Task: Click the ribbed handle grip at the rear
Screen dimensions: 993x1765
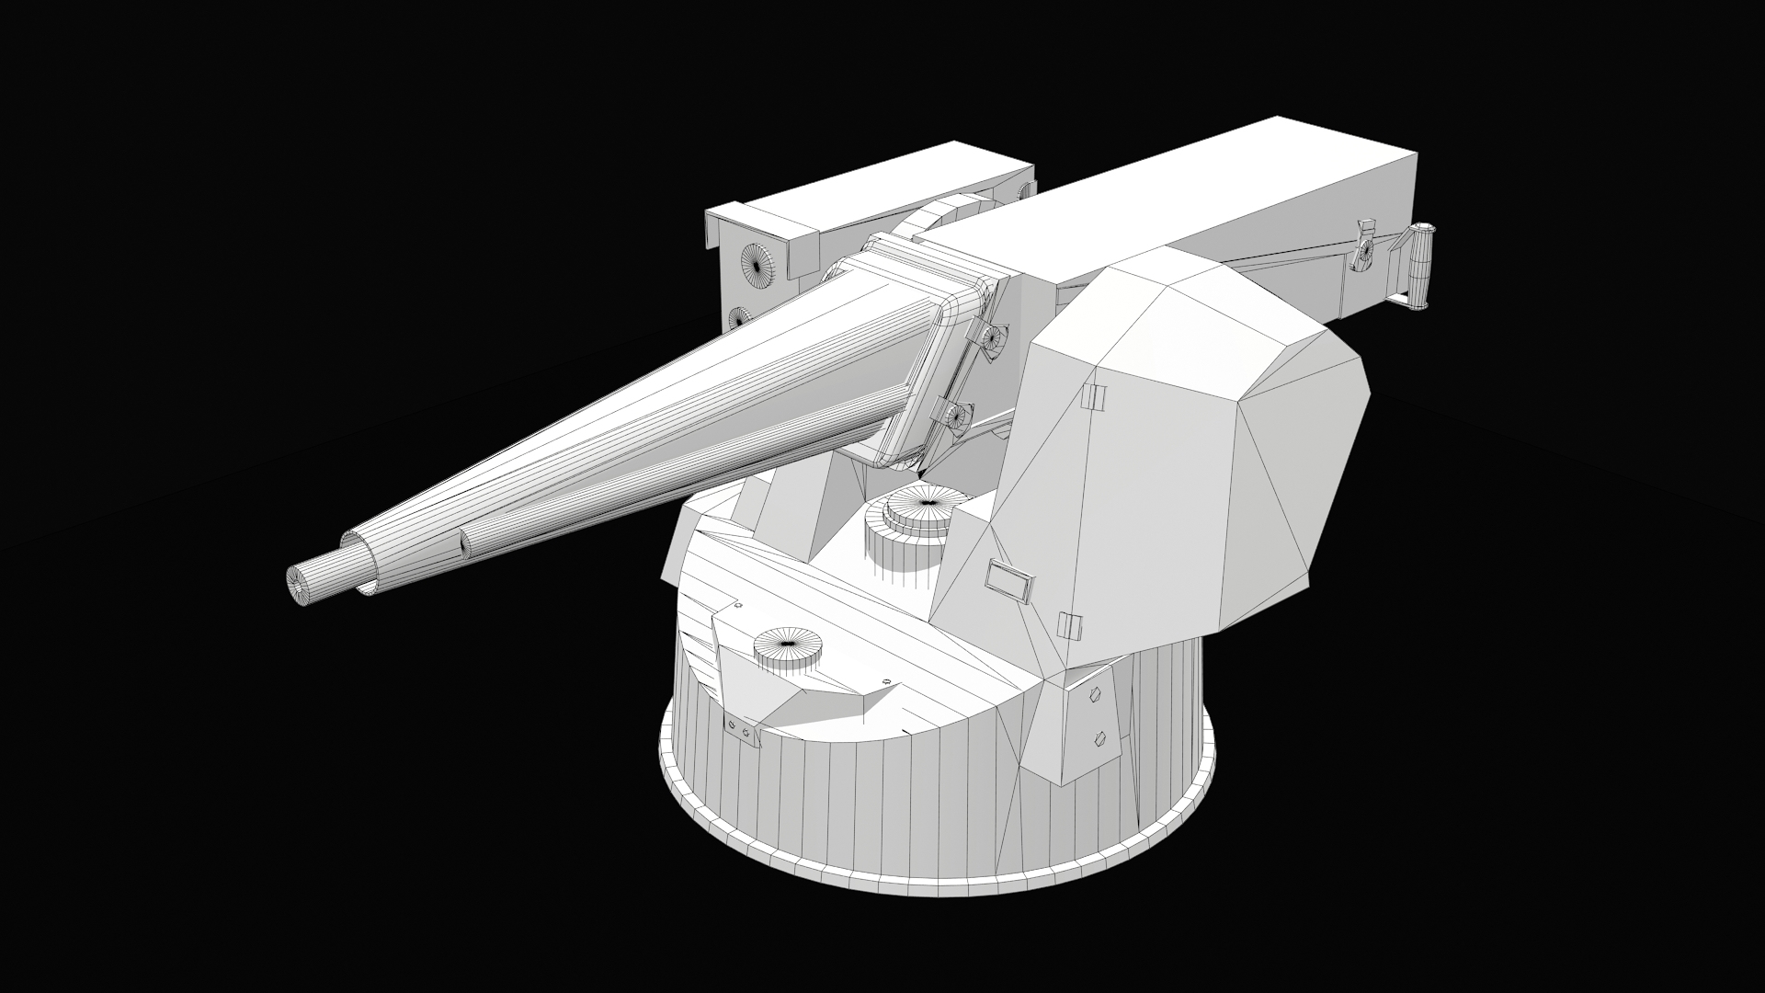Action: pyautogui.click(x=1421, y=266)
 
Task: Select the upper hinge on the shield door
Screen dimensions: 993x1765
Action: pyautogui.click(x=1093, y=396)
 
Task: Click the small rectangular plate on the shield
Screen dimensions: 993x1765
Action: pyautogui.click(x=1009, y=581)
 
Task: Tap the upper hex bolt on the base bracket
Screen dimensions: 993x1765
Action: pyautogui.click(x=1093, y=695)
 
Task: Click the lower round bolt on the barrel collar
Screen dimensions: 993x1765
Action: pyautogui.click(x=958, y=416)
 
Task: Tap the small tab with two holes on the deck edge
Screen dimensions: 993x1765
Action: pyautogui.click(x=740, y=731)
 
